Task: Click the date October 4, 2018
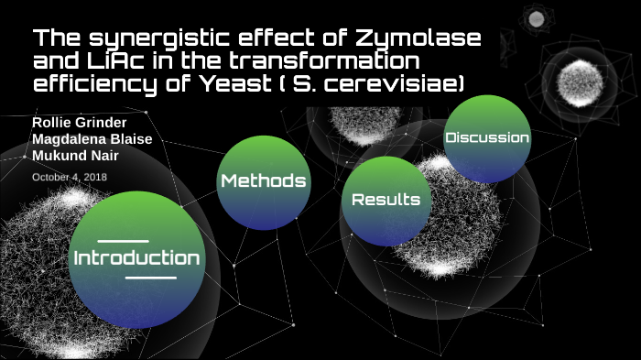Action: tap(70, 176)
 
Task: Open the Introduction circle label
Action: tap(136, 257)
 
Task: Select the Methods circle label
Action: tap(263, 180)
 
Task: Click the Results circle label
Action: tap(386, 199)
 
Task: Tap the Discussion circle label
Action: tap(486, 137)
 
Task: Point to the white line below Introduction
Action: tap(149, 277)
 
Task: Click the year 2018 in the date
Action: tap(96, 176)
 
